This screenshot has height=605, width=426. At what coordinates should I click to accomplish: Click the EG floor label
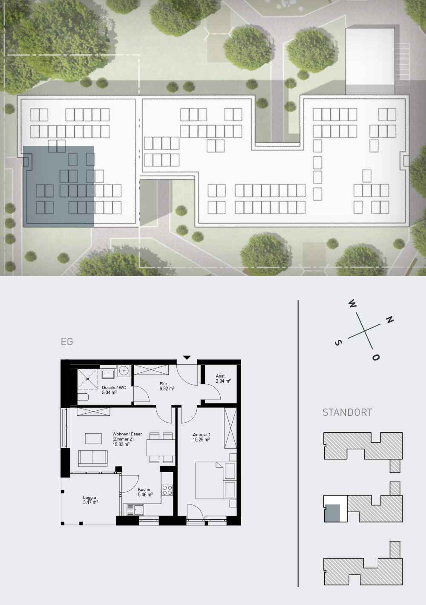67,342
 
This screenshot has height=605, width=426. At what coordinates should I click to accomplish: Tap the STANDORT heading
347,412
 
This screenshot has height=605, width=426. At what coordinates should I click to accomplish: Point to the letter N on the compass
389,320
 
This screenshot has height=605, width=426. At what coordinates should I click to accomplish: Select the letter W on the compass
353,304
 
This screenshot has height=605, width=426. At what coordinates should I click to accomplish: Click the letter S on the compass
338,343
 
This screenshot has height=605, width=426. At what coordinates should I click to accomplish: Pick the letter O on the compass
376,357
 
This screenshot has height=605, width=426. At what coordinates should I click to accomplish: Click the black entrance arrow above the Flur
187,357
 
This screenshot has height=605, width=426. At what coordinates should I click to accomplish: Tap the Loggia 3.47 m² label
90,500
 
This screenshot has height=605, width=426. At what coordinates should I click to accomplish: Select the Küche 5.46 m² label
145,492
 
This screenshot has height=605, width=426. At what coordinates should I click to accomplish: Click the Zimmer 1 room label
201,437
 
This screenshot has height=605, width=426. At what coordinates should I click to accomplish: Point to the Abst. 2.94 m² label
223,378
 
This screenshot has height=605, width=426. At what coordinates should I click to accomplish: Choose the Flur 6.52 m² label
167,386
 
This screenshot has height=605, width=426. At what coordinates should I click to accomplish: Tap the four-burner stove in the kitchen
167,490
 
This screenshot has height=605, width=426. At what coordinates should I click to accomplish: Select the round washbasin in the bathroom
124,371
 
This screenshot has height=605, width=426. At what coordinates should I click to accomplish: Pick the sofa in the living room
93,458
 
